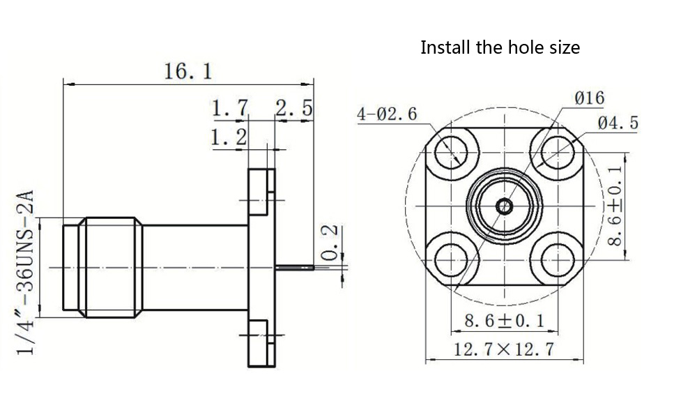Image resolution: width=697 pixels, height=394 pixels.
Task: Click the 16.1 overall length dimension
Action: pyautogui.click(x=187, y=71)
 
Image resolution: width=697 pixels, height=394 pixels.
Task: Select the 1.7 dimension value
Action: pyautogui.click(x=230, y=109)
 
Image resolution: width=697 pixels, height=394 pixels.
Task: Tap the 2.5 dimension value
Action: pyautogui.click(x=294, y=109)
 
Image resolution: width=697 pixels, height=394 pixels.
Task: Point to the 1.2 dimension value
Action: pyautogui.click(x=229, y=137)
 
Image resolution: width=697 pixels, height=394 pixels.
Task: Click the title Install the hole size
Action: pyautogui.click(x=500, y=47)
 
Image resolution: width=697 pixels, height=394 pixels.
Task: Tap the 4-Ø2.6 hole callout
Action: pyautogui.click(x=387, y=114)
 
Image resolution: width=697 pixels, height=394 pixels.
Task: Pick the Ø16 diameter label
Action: pyautogui.click(x=588, y=98)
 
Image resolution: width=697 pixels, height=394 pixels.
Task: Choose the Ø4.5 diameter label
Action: pyautogui.click(x=618, y=123)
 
